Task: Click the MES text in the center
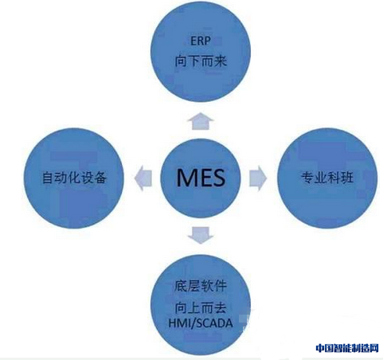coord(201,178)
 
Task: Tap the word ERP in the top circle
coord(201,41)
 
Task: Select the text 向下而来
coord(201,61)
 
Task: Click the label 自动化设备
coord(74,178)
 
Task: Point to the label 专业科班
coord(327,178)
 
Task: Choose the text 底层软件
coord(201,286)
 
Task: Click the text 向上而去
coord(201,308)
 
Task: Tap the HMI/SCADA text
coord(201,323)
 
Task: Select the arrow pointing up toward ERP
coord(201,121)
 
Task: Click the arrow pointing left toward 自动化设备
coord(143,178)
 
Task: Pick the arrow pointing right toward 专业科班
coord(258,178)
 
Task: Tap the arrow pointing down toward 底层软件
coord(201,235)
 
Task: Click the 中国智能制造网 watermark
coord(347,348)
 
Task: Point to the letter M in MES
coord(186,178)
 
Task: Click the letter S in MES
coord(218,178)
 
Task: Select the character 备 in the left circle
coord(101,178)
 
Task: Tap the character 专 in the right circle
coord(307,178)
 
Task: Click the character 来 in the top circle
coord(221,61)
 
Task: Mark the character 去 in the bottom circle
coord(221,308)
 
